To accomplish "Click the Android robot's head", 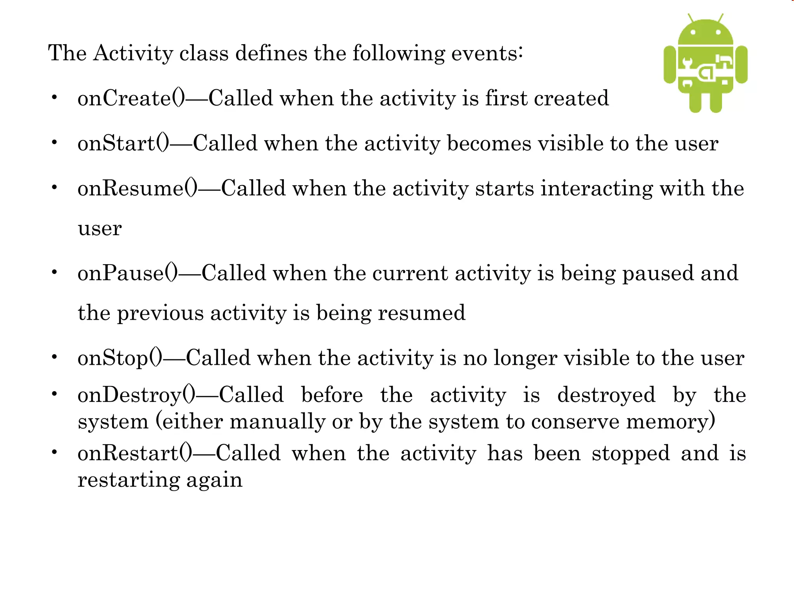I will pyautogui.click(x=706, y=33).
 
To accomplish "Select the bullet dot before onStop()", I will pyautogui.click(x=55, y=357).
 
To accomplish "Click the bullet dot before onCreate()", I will pyautogui.click(x=55, y=97).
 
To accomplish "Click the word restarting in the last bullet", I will pyautogui.click(x=128, y=480).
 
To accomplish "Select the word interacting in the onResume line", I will pyautogui.click(x=597, y=189).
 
